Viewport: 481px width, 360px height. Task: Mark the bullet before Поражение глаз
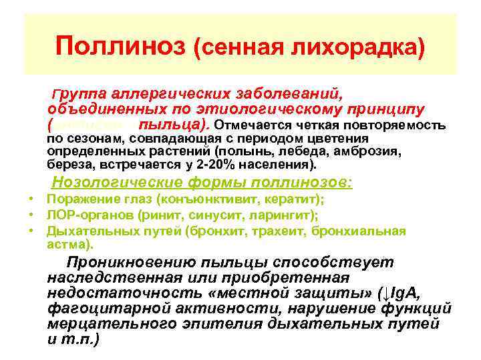click(x=31, y=200)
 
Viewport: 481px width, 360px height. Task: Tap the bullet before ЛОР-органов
click(x=31, y=215)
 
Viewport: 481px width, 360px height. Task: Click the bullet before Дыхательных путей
click(x=31, y=231)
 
